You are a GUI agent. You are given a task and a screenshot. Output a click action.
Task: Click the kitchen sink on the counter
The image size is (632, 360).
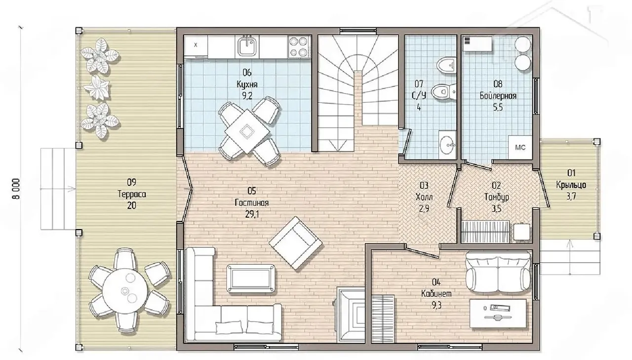point(247,46)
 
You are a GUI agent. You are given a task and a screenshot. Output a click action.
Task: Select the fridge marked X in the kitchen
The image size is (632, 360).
point(196,45)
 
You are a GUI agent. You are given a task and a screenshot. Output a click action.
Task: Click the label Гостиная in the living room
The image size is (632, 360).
point(252,203)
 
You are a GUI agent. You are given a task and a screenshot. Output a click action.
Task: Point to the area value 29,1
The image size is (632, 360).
point(252,214)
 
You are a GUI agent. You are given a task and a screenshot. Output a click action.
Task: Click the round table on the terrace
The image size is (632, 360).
point(125,290)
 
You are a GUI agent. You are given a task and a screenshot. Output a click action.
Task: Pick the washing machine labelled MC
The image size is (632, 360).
point(520,147)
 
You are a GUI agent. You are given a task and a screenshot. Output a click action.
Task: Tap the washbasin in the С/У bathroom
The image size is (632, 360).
point(447,145)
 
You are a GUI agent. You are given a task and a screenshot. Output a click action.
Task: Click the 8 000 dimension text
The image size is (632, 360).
point(16,189)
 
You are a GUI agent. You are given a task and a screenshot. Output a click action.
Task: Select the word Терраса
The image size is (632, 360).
point(132,194)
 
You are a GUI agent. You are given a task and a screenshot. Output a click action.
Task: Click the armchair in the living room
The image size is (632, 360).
point(296,243)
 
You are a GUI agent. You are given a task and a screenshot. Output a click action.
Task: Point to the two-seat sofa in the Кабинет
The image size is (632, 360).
point(498,272)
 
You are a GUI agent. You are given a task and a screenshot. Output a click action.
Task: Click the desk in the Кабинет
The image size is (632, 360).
point(498,314)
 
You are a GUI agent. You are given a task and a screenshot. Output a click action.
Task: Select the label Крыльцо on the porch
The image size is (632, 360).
point(571,185)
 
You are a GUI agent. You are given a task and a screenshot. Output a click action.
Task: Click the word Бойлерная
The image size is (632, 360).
point(498,96)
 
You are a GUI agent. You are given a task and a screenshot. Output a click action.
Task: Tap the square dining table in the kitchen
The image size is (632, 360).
point(247,131)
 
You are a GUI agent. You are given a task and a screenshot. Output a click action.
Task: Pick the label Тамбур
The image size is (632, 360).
point(497,197)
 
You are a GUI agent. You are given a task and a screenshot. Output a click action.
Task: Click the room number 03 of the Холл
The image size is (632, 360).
point(424,185)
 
